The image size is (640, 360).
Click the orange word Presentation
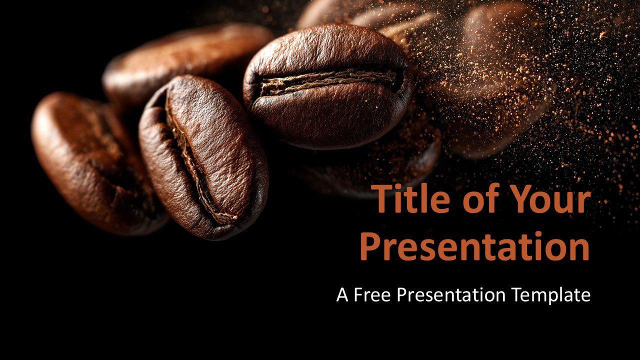point(475,246)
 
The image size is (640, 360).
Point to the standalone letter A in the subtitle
point(342,295)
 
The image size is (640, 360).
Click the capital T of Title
point(382,199)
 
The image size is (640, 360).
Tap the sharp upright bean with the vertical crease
point(203,157)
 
